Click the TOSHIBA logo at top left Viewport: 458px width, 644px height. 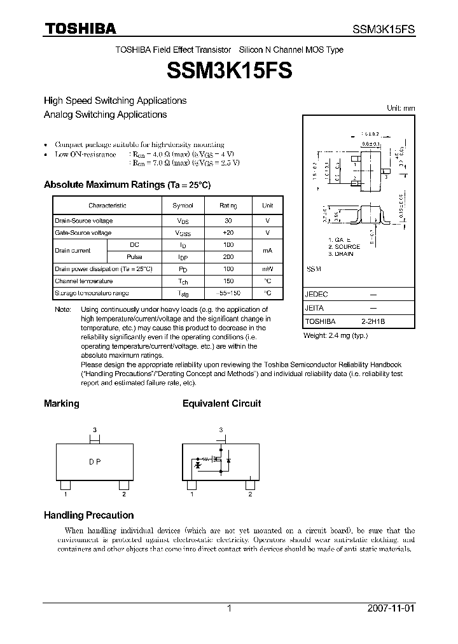(x=80, y=29)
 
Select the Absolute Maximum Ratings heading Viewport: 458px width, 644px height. (x=127, y=185)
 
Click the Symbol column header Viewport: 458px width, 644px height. (x=187, y=206)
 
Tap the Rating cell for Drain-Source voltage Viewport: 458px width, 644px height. (x=228, y=220)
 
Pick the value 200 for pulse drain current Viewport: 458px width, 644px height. (x=228, y=256)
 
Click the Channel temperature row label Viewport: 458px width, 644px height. (x=84, y=281)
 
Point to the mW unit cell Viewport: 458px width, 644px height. (x=267, y=269)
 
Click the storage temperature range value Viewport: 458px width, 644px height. (x=228, y=293)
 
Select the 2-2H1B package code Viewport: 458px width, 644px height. (x=373, y=321)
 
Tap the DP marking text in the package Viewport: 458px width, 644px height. (x=95, y=462)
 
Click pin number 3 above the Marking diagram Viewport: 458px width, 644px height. (x=95, y=430)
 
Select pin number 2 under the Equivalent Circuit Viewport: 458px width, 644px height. (x=251, y=494)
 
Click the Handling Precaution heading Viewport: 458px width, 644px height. (x=88, y=515)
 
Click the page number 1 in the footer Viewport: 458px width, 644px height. (x=229, y=608)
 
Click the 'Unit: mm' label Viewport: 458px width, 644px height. (x=401, y=108)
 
